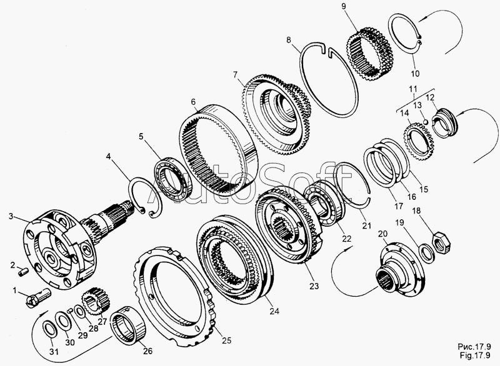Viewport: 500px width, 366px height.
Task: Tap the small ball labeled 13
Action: click(425, 121)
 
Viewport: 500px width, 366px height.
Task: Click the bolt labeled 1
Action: click(37, 297)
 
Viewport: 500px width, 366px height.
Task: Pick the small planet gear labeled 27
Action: click(94, 300)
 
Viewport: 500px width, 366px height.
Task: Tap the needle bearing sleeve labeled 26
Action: click(128, 324)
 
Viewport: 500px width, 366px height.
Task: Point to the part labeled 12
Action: click(444, 122)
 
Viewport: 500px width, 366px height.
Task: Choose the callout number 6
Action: click(193, 102)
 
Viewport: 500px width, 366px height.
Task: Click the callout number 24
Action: click(274, 311)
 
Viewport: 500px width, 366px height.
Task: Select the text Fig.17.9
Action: click(474, 355)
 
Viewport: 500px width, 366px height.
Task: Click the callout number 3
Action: click(11, 216)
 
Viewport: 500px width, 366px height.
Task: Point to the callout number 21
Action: click(367, 225)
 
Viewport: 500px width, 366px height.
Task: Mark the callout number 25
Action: click(226, 340)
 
